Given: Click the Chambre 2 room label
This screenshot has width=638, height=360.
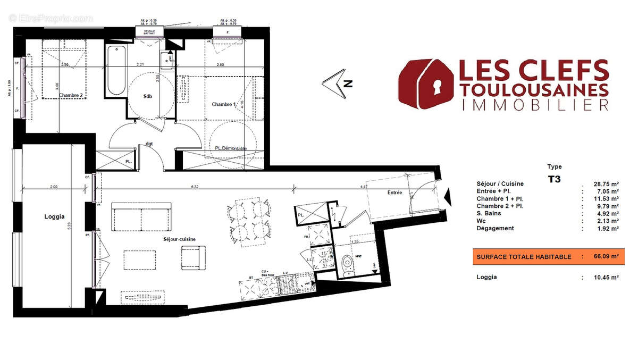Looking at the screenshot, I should [71, 96].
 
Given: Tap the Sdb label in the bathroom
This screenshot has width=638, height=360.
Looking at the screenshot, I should [148, 97].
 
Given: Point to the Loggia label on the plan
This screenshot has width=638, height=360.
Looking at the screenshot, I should [54, 216].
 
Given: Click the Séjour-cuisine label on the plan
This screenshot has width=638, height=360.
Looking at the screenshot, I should [179, 239].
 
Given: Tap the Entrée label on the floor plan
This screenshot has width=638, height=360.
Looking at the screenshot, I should [394, 192].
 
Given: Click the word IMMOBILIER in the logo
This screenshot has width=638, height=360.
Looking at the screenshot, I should [534, 105].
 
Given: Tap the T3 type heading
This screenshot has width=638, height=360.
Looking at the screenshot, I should [554, 179].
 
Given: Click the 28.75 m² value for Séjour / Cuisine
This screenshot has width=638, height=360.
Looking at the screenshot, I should [606, 184].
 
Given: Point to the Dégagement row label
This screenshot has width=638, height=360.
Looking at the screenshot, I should [495, 228].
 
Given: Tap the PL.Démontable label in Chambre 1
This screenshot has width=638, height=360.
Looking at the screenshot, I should [231, 148].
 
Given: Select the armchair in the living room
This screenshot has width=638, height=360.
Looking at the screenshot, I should [192, 257].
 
